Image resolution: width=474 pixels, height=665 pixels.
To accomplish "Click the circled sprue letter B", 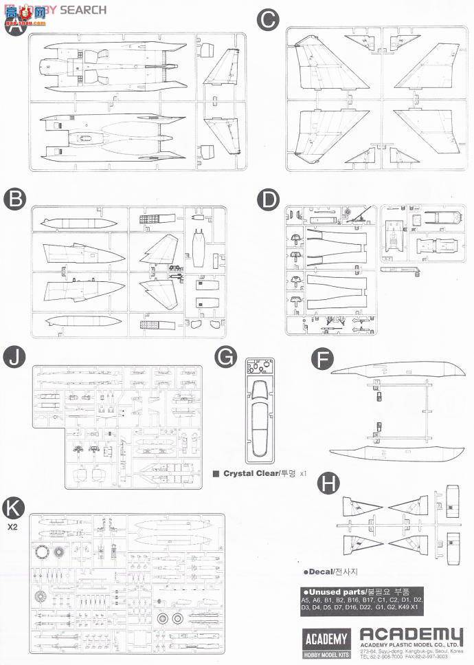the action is pos(14,199).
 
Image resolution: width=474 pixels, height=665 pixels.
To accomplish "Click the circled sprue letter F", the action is pos(323,359).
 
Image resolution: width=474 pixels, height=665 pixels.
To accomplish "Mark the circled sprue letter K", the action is pos(14,508).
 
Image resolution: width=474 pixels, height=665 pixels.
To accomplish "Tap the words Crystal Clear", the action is pos(249,474).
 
